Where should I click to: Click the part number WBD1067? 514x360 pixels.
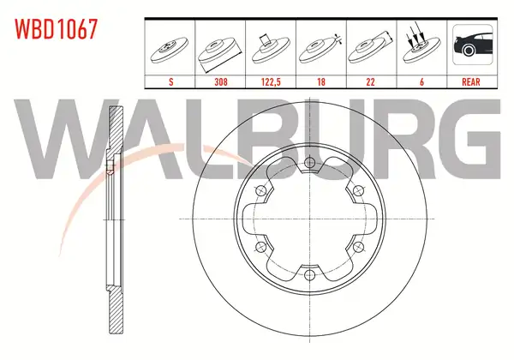pyautogui.click(x=56, y=29)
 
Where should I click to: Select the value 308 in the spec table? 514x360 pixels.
pyautogui.click(x=221, y=81)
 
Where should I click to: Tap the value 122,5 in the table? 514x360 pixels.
pyautogui.click(x=271, y=81)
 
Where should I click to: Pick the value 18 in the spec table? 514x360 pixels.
pyautogui.click(x=321, y=81)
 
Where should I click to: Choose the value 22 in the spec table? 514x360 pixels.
pyautogui.click(x=370, y=81)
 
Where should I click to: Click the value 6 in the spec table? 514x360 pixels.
pyautogui.click(x=421, y=81)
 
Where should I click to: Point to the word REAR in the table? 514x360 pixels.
pyautogui.click(x=470, y=81)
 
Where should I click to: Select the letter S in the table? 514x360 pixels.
pyautogui.click(x=170, y=81)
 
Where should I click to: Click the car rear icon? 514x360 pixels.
pyautogui.click(x=472, y=45)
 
